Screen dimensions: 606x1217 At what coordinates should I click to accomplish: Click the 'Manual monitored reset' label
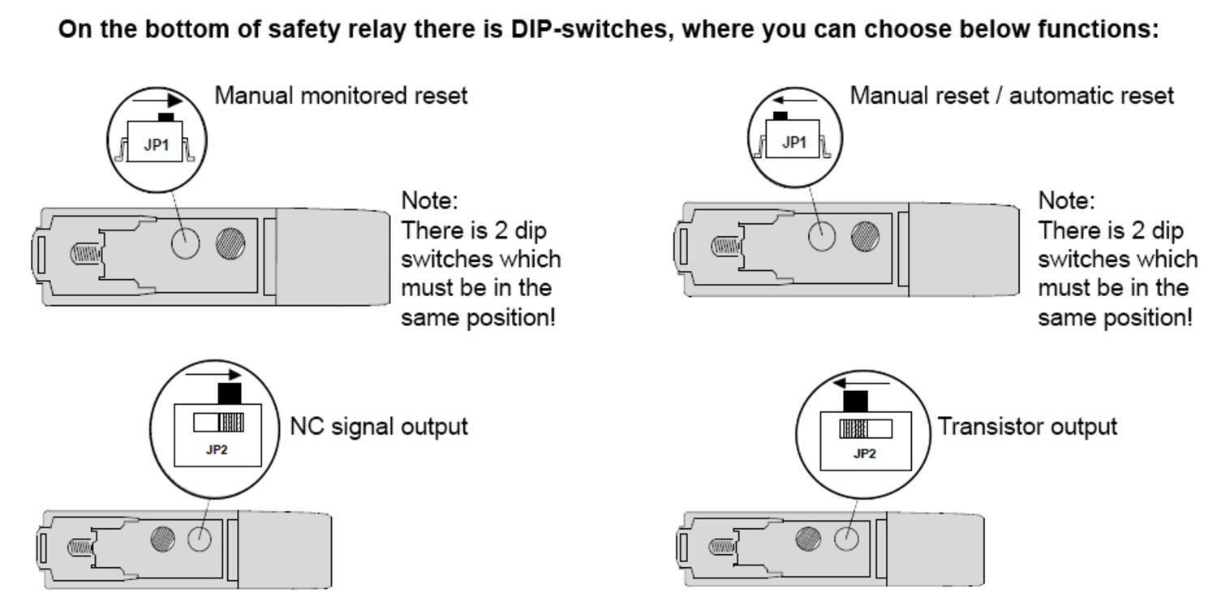(341, 96)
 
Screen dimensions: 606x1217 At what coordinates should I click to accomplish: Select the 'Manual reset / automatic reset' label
(1011, 96)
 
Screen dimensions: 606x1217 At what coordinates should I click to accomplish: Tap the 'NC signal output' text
(379, 426)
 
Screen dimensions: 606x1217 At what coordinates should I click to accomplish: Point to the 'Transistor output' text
(1027, 426)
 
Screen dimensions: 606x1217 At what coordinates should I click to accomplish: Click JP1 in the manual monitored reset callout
(155, 145)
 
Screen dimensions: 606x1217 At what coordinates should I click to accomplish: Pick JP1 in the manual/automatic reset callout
(794, 143)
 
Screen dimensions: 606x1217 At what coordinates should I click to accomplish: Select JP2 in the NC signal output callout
(216, 449)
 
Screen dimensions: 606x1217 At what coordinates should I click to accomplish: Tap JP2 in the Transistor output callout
(864, 453)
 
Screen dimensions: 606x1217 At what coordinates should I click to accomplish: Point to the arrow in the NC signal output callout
(213, 375)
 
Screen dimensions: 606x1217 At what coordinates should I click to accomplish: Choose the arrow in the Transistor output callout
(862, 382)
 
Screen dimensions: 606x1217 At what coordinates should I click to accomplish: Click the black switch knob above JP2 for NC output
(230, 393)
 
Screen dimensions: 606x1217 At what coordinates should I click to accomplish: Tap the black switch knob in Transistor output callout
(856, 401)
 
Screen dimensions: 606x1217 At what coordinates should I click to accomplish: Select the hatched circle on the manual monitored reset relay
(230, 243)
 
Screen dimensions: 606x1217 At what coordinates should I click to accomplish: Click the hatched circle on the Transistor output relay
(807, 538)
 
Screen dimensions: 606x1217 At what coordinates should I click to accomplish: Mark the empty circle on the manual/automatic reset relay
(822, 236)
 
